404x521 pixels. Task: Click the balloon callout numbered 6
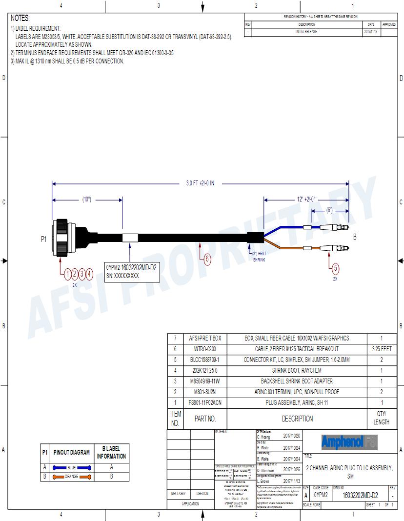(207, 259)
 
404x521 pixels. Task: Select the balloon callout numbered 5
(335, 267)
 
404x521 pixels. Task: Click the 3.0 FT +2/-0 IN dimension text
(200, 183)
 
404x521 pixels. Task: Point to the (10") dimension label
(87, 199)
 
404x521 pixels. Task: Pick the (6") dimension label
(330, 210)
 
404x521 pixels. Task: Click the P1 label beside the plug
(43, 239)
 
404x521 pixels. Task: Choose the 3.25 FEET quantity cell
(381, 349)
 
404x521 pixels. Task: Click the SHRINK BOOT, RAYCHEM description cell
(297, 370)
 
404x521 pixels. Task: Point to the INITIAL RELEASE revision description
(306, 31)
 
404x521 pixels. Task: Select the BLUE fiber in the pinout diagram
(72, 467)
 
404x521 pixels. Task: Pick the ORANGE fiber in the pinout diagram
(72, 476)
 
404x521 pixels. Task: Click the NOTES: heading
(20, 18)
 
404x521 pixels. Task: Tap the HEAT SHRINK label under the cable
(258, 257)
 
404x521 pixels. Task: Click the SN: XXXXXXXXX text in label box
(122, 276)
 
